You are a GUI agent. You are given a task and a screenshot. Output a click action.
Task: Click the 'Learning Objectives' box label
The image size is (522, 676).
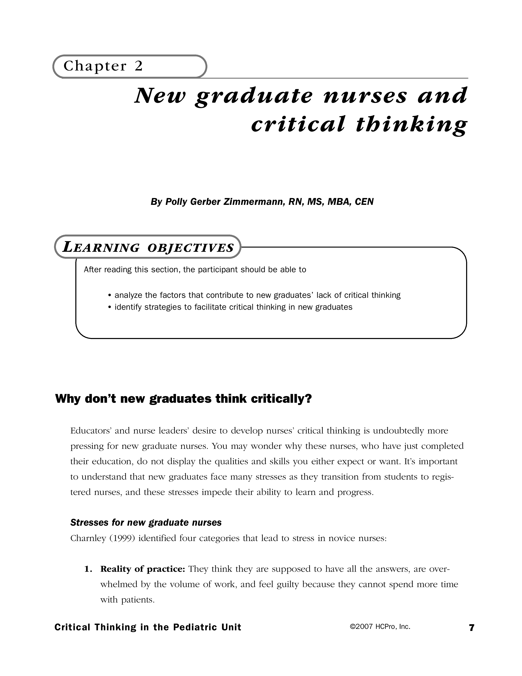pyautogui.click(x=148, y=248)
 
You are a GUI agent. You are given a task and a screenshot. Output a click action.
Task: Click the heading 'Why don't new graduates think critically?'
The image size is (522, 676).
pyautogui.click(x=183, y=399)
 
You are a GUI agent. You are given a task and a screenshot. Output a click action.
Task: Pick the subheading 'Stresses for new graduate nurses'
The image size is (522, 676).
pyautogui.click(x=146, y=523)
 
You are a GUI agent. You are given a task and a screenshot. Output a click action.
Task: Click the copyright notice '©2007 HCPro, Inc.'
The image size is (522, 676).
pyautogui.click(x=380, y=627)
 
